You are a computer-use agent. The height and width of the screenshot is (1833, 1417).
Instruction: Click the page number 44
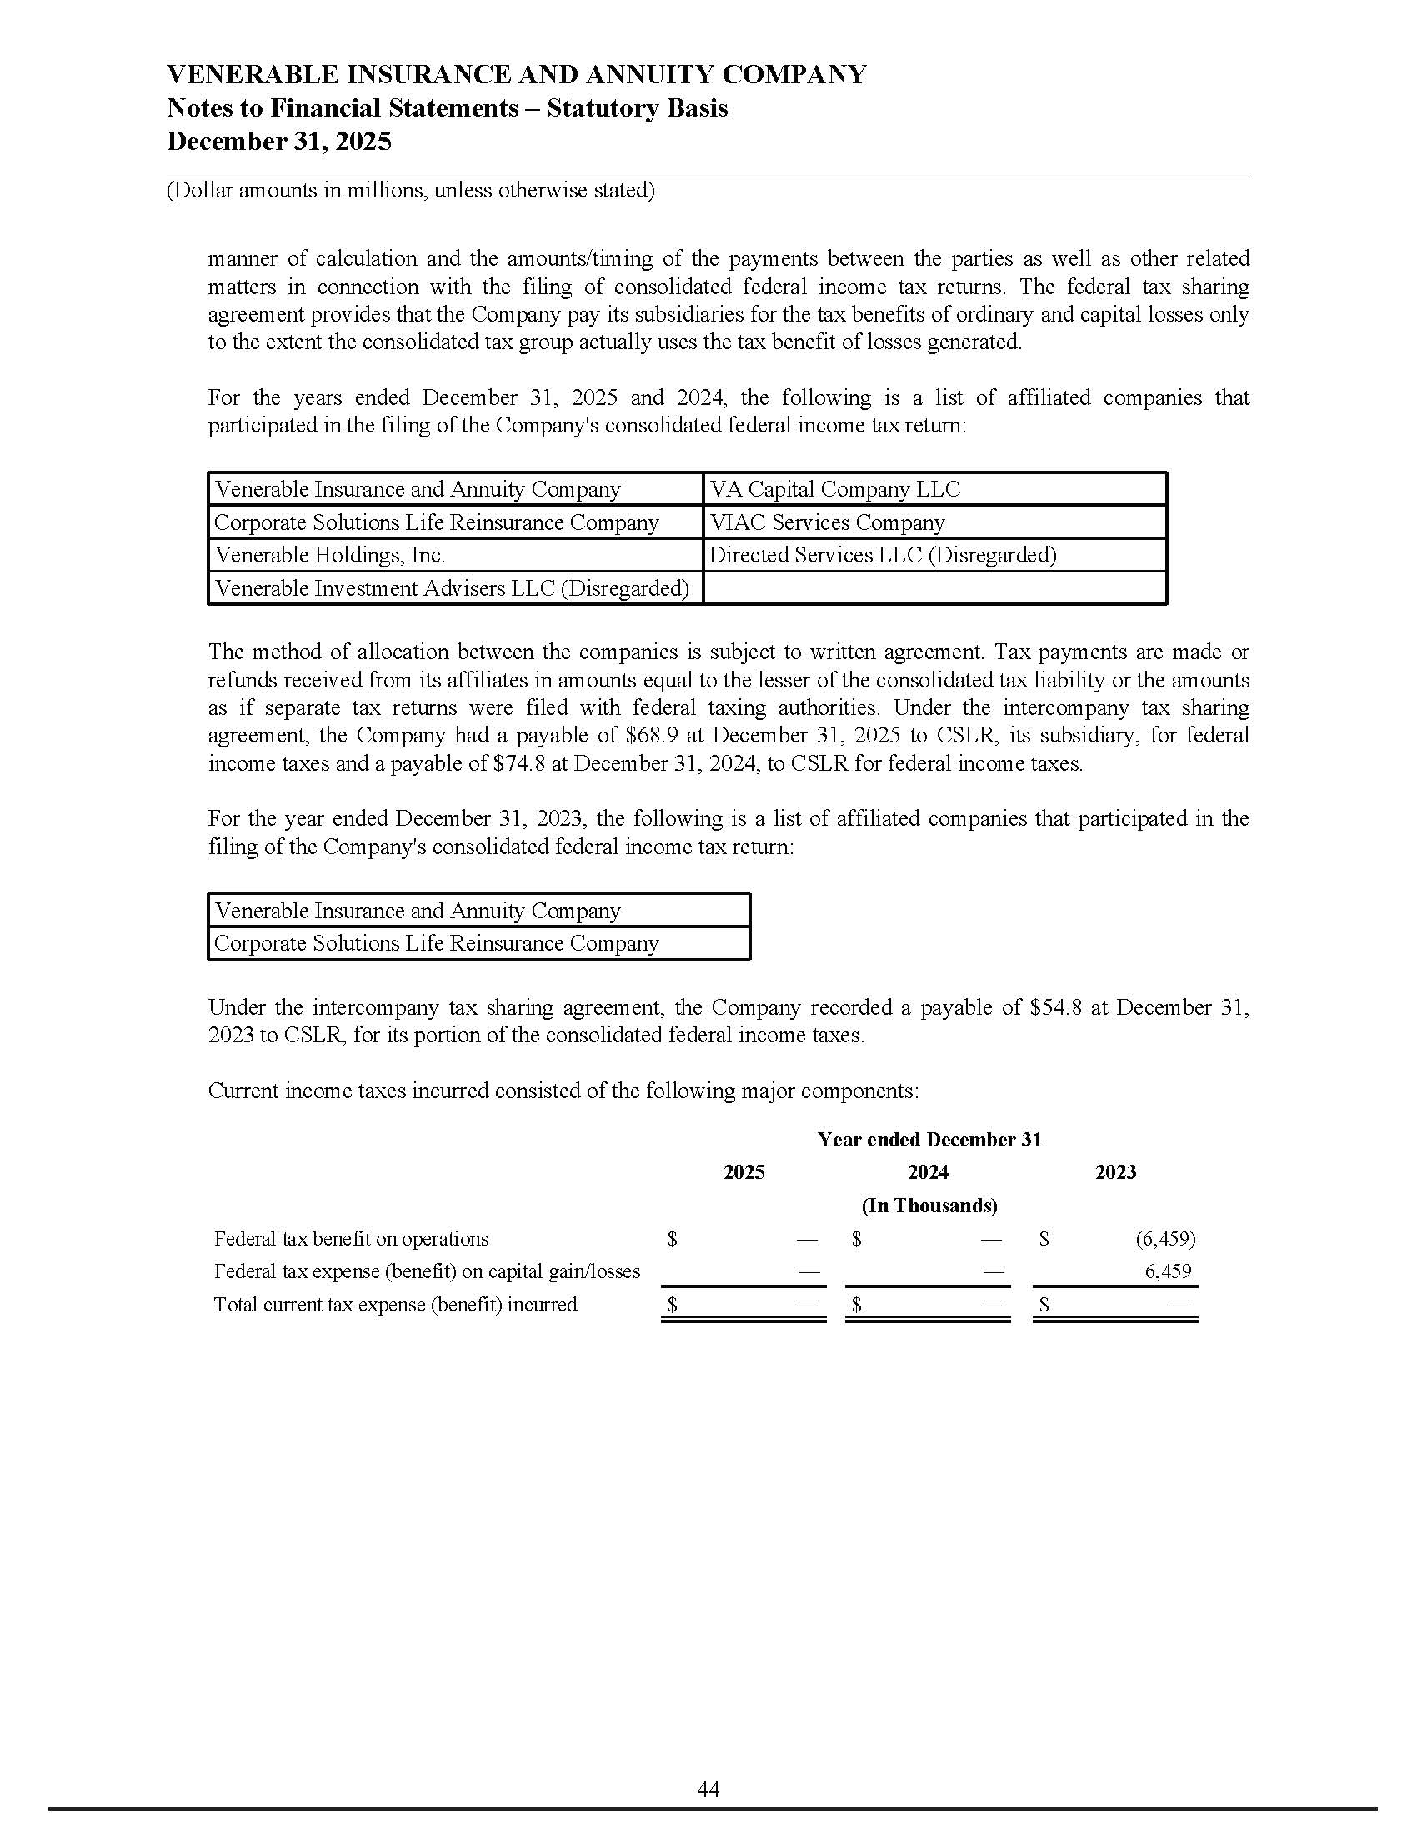point(708,1790)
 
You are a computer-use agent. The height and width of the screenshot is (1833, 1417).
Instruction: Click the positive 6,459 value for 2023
point(1168,1271)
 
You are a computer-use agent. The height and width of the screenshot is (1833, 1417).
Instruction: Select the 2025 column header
point(744,1171)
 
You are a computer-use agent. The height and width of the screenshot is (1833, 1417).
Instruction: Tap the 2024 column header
point(928,1171)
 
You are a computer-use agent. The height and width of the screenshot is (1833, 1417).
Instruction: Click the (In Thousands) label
point(929,1206)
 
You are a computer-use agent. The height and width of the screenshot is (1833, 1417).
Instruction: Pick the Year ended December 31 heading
point(929,1139)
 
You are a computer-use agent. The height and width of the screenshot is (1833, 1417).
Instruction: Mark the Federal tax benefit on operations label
point(351,1239)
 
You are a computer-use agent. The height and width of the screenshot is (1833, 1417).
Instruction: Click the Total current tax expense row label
point(395,1304)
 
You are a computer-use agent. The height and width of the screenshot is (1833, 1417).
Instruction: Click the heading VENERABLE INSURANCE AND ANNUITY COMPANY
point(516,75)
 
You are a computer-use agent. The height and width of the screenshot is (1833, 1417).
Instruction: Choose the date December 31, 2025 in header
point(278,141)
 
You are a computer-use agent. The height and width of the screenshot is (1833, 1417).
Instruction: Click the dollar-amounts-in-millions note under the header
point(410,191)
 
